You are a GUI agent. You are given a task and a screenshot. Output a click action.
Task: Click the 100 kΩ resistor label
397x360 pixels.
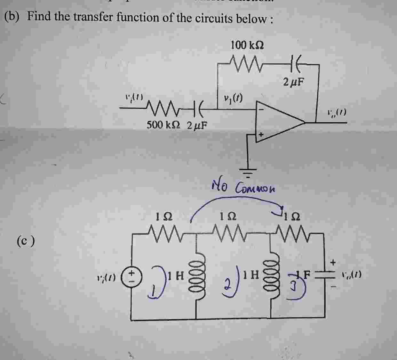247,45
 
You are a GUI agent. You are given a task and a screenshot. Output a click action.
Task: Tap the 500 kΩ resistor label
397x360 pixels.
163,124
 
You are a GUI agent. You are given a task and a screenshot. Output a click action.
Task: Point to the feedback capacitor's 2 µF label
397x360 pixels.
293,82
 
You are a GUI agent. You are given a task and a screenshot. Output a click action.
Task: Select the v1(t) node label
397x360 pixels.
233,98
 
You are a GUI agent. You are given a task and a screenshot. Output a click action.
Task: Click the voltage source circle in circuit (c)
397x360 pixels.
132,275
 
